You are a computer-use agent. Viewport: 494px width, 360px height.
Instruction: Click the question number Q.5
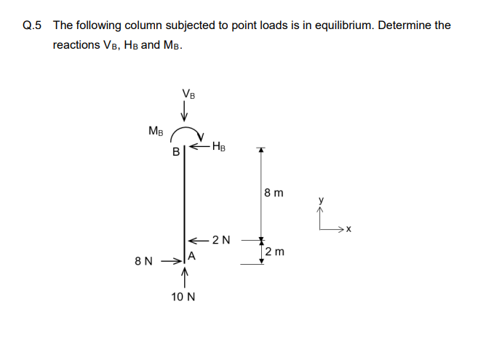point(33,25)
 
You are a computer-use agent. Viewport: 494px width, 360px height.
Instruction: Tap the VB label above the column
point(188,94)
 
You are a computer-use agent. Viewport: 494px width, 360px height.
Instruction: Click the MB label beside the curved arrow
point(156,132)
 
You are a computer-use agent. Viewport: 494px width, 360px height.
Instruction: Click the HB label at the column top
point(220,148)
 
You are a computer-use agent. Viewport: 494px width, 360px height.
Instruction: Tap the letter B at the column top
point(175,153)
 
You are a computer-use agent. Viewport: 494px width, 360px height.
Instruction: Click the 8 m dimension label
point(274,194)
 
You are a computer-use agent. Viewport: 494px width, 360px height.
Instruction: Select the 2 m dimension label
point(275,252)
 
